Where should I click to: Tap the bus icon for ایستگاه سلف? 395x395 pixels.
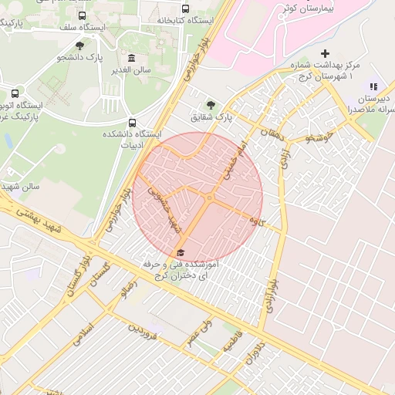pos(83,15)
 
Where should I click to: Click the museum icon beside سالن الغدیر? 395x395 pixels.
pos(130,58)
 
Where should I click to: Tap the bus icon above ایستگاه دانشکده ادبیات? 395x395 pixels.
pos(132,122)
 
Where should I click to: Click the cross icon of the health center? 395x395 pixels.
pos(325,54)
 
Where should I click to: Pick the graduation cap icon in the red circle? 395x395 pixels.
pos(181,252)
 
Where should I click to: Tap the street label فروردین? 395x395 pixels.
pos(143,331)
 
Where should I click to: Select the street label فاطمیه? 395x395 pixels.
pos(231,343)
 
